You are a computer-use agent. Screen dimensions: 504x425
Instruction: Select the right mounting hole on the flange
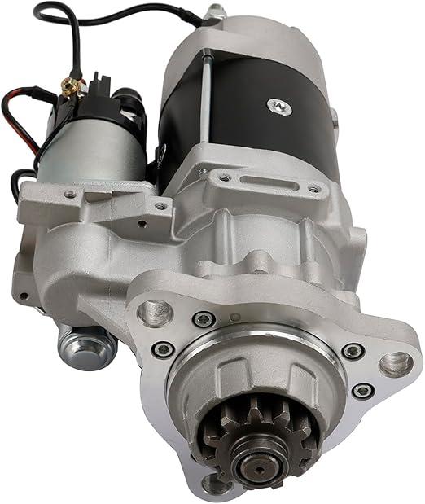coord(395,363)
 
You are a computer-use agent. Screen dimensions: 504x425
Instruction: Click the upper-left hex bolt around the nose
coord(204,319)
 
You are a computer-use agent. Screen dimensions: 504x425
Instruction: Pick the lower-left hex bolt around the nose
coord(163,349)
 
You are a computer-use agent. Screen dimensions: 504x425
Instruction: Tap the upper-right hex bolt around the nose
coord(352,351)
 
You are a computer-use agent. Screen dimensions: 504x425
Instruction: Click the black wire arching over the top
coord(122,10)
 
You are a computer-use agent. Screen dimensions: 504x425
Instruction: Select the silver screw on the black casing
coord(279,105)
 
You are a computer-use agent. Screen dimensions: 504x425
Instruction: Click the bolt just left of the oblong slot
coord(224,176)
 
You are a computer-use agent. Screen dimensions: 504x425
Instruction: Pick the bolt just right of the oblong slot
coord(313,188)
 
